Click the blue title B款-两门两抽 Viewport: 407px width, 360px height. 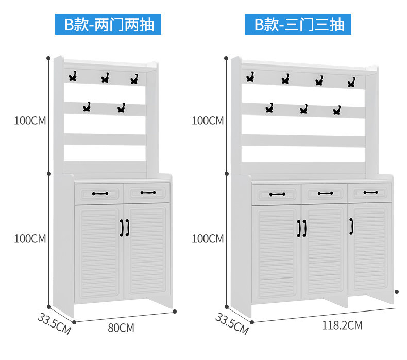[108, 24]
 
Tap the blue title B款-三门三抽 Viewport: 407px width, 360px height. [299, 24]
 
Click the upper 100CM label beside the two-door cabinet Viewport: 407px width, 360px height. [30, 121]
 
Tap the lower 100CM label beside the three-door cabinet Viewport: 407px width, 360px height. [208, 239]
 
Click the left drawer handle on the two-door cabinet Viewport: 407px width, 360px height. [100, 194]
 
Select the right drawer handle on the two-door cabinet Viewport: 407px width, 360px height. [147, 193]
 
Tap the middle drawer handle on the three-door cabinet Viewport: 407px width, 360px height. [325, 193]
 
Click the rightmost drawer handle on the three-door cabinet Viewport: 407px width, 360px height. [370, 193]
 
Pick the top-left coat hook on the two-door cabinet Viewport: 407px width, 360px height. [73, 77]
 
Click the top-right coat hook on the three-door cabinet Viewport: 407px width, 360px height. [351, 82]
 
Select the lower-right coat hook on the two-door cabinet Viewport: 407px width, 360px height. [121, 108]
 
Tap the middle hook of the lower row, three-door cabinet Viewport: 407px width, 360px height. [303, 109]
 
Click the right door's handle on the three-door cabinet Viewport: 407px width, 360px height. [352, 226]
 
